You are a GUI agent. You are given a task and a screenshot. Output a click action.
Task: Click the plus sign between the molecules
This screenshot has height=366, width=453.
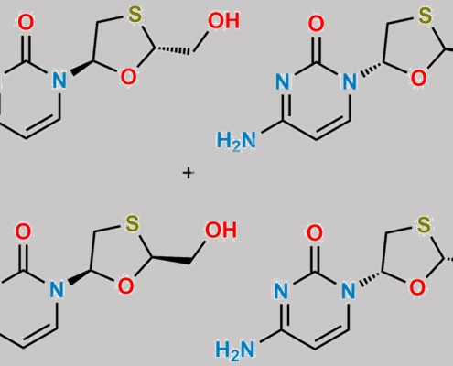point(189,173)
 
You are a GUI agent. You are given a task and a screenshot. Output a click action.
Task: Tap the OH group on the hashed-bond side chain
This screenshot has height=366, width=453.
point(223,21)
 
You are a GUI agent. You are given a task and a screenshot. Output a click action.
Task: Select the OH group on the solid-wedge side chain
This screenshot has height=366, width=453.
point(221,230)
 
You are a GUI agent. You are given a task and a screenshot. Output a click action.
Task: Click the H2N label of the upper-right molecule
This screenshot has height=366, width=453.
point(236,141)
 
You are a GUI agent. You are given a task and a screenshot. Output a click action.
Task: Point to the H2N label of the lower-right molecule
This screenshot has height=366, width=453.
point(235,349)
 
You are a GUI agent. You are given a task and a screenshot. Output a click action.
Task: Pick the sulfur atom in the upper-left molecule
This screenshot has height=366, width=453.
point(135,15)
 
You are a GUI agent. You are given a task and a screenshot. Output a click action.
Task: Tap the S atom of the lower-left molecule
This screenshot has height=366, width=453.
point(133,223)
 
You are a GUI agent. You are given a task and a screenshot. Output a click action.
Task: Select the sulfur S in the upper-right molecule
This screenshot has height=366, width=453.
point(426,16)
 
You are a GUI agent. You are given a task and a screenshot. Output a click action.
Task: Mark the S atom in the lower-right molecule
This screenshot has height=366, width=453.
point(424,225)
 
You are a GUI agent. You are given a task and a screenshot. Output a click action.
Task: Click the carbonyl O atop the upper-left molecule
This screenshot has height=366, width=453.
point(26,23)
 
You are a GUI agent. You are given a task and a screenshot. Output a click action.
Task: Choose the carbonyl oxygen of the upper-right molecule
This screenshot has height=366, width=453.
point(317,24)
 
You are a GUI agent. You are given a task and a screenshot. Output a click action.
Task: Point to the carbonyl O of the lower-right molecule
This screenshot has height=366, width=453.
point(315,233)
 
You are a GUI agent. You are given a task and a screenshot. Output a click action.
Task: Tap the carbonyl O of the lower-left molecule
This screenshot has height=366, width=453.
point(23,231)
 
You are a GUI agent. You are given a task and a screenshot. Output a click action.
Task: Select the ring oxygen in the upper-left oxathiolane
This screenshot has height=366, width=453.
point(128,77)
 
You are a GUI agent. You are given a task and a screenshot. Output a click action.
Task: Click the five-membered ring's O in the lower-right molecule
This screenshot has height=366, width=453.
point(417,287)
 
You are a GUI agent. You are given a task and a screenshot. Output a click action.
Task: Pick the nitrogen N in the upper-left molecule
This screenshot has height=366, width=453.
point(59,80)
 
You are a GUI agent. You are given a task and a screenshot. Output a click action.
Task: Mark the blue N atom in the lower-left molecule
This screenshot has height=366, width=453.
point(57,289)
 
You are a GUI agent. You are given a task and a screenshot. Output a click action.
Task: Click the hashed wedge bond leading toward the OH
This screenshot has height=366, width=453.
point(171,50)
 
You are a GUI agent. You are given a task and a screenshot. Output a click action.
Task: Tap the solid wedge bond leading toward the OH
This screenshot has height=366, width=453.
point(169,260)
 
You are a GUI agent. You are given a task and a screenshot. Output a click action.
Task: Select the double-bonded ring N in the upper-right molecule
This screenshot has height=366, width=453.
point(283,81)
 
